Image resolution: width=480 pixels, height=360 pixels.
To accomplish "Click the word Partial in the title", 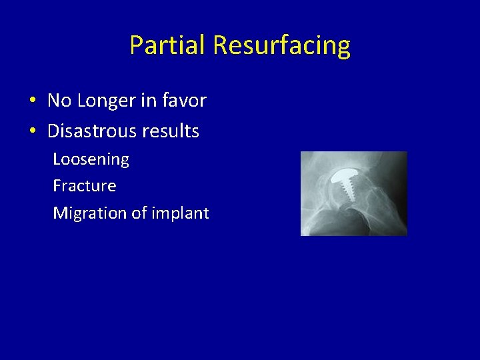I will coord(168,45).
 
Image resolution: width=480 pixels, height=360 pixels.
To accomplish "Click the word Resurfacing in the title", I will coord(281,45).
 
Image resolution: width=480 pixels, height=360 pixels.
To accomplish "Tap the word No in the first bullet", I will coord(59,101).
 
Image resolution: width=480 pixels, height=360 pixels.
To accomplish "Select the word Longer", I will coord(109,101).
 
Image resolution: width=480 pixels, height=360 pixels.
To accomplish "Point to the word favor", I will coord(185,101).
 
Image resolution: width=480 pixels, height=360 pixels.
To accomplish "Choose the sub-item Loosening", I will coord(91,159).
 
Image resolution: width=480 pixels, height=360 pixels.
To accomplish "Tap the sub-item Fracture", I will coord(84,186).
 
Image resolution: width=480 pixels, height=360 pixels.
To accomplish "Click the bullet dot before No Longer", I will coord(32,101).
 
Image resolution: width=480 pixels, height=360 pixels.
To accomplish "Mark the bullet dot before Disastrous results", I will coord(32,131).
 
